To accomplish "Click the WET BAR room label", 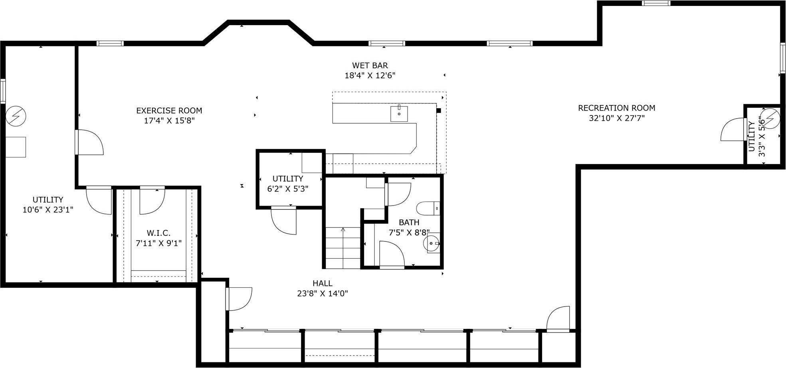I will tap(370, 65).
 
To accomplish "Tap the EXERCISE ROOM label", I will tap(169, 111).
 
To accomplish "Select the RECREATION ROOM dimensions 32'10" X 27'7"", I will tap(617, 118).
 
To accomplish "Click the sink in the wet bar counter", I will tap(399, 113).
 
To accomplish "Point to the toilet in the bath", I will tap(427, 208).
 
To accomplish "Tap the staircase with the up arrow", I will tap(343, 247).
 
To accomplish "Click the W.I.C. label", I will tap(158, 233).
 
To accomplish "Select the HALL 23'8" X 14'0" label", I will tap(322, 288).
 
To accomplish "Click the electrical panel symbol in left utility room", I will tap(16, 116).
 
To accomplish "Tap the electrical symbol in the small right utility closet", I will tap(770, 118).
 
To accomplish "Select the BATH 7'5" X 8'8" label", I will tap(409, 227).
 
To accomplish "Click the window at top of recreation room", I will tap(656, 3).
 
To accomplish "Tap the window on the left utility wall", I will tap(3, 91).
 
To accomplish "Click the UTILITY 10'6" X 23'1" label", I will tap(48, 204).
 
